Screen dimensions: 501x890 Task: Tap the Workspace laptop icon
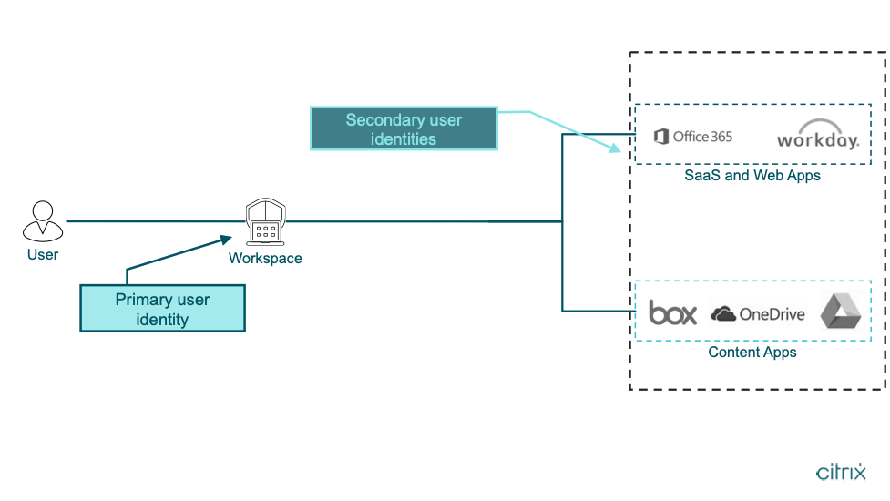tap(265, 222)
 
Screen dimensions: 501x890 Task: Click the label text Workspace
tap(265, 259)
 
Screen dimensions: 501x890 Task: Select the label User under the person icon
tap(43, 255)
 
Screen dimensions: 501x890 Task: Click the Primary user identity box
tap(162, 309)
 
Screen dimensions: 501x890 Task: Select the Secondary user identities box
tap(404, 129)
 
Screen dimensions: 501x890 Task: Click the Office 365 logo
tap(693, 137)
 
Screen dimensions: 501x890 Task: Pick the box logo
tap(672, 313)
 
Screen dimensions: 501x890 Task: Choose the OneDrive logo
tap(758, 314)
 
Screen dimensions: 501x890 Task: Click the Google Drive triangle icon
tap(840, 312)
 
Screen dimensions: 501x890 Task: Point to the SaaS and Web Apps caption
tap(752, 175)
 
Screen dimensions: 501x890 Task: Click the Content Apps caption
tap(752, 353)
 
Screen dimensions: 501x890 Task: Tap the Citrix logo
tap(841, 472)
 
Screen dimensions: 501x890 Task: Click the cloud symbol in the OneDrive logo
tap(723, 314)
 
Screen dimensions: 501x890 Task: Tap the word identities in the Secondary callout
tap(404, 139)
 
